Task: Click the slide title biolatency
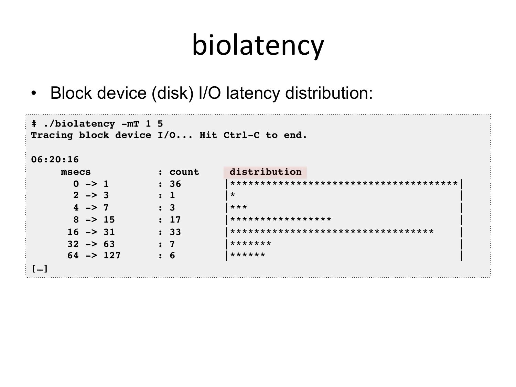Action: click(258, 45)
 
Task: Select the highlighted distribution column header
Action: click(265, 172)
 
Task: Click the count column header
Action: click(184, 172)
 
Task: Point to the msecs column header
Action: click(76, 172)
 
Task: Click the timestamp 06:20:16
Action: click(55, 160)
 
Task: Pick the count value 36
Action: click(175, 184)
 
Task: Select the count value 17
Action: click(175, 220)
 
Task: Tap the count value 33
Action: click(175, 232)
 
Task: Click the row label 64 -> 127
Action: click(94, 256)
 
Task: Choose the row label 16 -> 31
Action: click(91, 232)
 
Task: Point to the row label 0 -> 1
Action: click(91, 184)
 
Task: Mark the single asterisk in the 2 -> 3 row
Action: click(233, 195)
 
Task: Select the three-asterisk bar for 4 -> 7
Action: click(238, 207)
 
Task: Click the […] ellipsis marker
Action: click(40, 268)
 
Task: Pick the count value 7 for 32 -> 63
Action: click(172, 244)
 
